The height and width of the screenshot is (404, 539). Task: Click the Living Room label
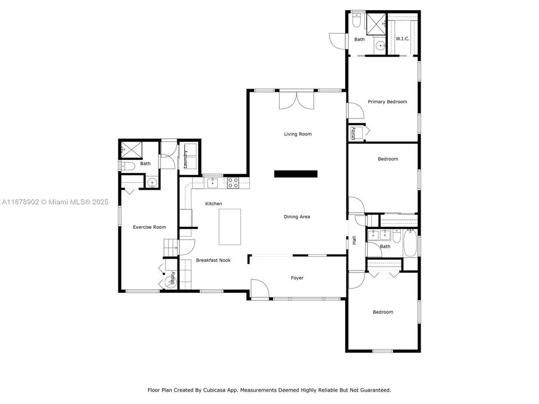pos(298,134)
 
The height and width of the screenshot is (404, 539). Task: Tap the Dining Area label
pos(296,217)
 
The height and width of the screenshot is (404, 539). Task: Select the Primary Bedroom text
pos(387,102)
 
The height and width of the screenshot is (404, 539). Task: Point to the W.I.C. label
pos(402,39)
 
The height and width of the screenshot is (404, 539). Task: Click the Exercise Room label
pos(149,227)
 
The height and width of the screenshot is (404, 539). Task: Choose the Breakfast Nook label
pos(213,260)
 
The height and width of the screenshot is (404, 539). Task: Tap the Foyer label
pos(297,278)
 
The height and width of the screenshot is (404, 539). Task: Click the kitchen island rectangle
pos(230,227)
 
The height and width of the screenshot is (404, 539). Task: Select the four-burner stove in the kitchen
pos(233,182)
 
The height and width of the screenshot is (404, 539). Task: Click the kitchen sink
pos(213,183)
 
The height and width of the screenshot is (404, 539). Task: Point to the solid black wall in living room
pos(296,174)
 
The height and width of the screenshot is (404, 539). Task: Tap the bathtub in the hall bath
pos(410,243)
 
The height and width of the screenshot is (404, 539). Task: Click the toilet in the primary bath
pos(357,20)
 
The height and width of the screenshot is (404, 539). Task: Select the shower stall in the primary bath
pos(376,24)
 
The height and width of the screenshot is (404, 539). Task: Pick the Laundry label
pos(185,159)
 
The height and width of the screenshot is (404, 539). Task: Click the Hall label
pos(354,240)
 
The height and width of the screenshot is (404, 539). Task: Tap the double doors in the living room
pos(296,100)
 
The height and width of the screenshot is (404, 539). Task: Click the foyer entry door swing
pos(259,288)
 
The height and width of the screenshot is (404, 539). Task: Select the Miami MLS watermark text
pos(55,202)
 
